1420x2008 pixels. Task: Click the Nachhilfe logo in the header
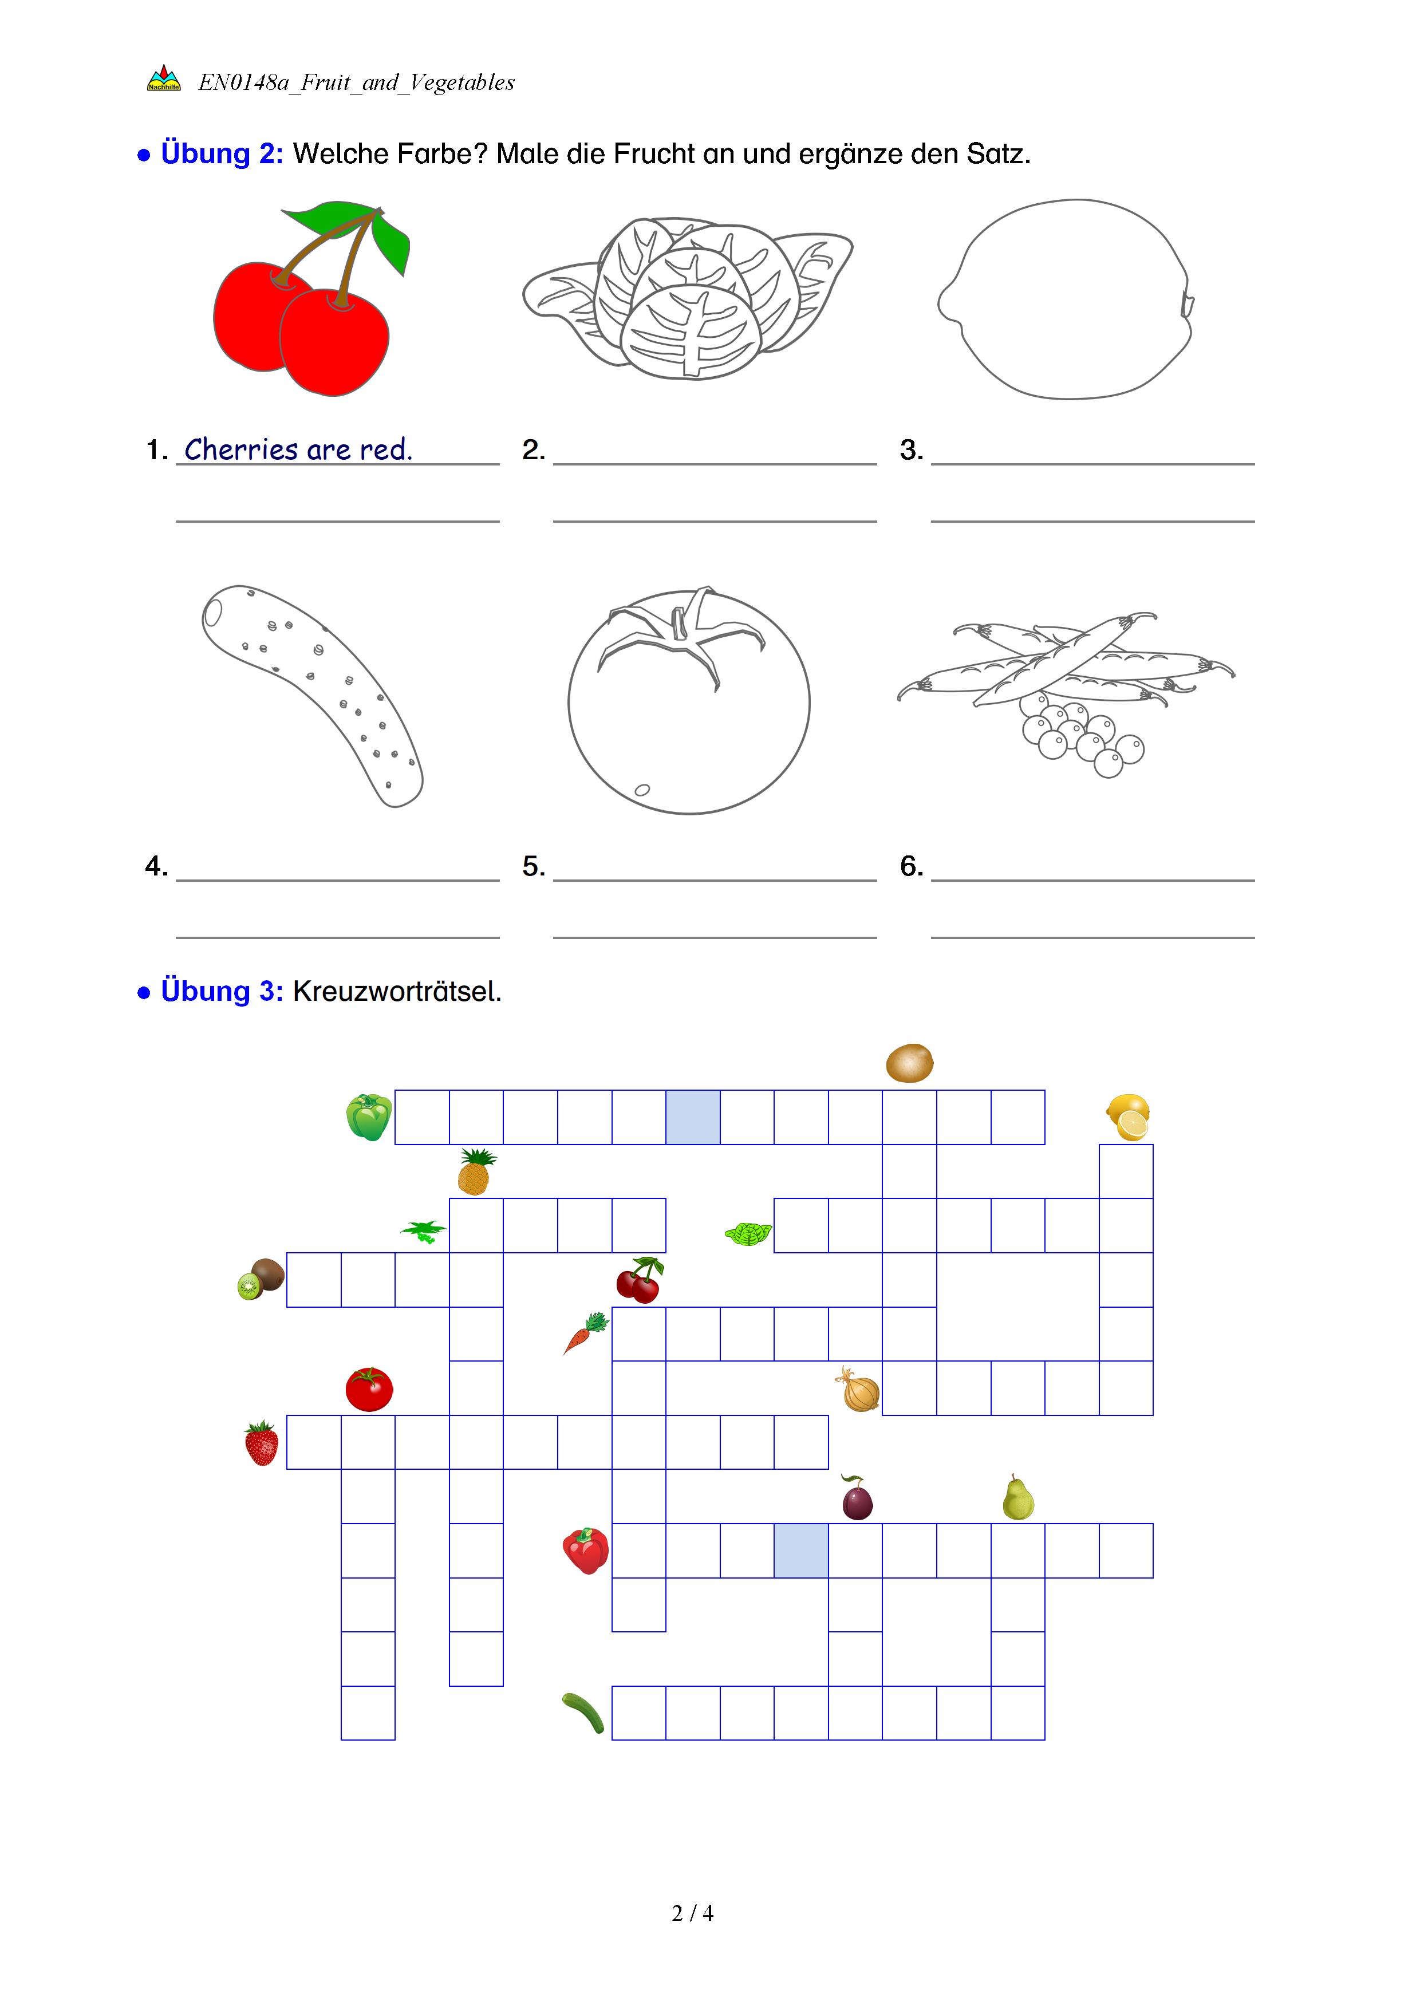click(x=164, y=78)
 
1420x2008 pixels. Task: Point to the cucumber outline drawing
click(x=312, y=695)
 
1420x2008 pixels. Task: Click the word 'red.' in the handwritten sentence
click(x=385, y=449)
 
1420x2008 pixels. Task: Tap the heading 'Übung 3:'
click(x=222, y=992)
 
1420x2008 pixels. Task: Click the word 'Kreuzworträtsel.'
click(x=397, y=992)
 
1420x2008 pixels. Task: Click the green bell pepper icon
click(x=369, y=1117)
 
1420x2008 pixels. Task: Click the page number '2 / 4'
click(x=692, y=1914)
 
